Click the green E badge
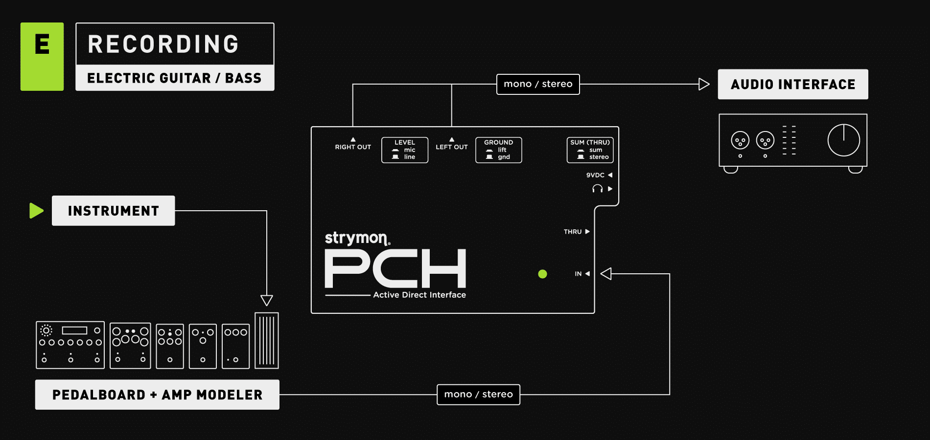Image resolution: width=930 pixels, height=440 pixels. click(42, 56)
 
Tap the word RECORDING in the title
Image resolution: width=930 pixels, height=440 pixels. click(163, 44)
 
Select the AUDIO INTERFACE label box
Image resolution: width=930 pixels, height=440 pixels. click(792, 84)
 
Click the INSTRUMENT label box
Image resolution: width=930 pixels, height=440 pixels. click(113, 211)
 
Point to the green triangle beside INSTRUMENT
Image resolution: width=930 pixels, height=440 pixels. click(36, 211)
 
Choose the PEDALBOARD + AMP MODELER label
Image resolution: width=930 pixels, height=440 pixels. click(157, 395)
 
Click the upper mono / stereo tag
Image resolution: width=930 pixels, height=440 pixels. click(538, 84)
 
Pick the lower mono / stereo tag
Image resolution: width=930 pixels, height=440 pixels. click(478, 395)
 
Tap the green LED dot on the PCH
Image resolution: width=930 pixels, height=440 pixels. click(542, 274)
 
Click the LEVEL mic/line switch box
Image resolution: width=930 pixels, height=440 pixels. click(405, 150)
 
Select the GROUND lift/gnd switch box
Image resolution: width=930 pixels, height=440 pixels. click(498, 150)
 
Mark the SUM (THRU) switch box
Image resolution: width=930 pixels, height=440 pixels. click(590, 150)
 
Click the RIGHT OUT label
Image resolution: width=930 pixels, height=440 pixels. click(353, 147)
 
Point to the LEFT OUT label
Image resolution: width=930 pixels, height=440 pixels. click(451, 147)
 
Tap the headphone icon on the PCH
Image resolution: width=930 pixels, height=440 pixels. click(597, 189)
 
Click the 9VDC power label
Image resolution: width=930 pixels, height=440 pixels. click(595, 175)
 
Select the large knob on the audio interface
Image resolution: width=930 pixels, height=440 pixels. click(843, 140)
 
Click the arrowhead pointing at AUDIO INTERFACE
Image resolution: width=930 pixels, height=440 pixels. click(704, 84)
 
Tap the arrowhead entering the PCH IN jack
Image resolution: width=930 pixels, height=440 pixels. click(606, 274)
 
